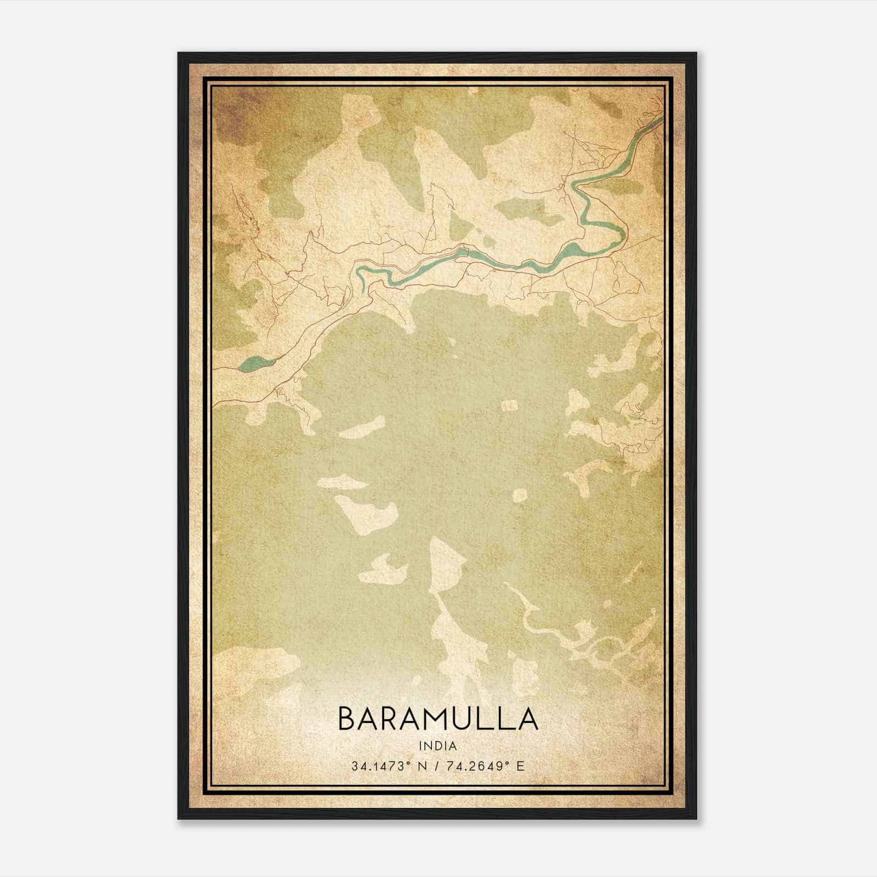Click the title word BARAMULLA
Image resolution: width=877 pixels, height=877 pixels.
[437, 719]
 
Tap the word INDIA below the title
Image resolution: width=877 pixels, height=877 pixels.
[437, 746]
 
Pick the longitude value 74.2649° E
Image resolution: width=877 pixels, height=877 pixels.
[485, 766]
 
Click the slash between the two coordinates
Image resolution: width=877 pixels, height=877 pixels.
[436, 766]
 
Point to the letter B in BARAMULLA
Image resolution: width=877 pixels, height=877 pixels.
[347, 719]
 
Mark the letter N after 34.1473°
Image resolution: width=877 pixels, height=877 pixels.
[423, 766]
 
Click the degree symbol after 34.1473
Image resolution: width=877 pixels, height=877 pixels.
[411, 763]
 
